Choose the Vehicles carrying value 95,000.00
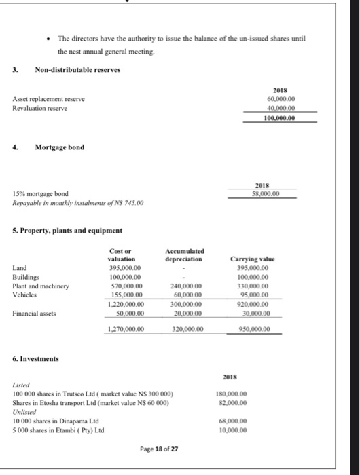click(x=272, y=295)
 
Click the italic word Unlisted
click(x=26, y=410)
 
